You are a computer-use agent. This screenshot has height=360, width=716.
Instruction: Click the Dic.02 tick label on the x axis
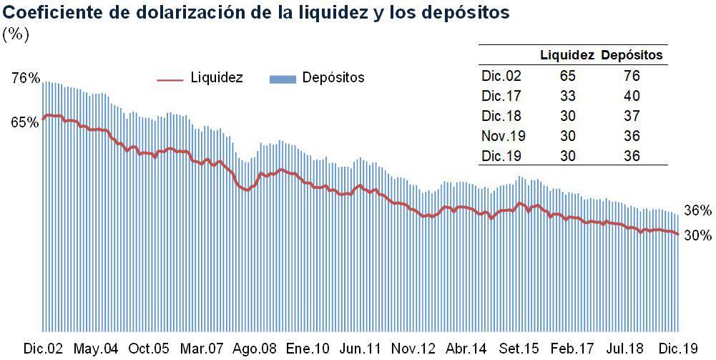coord(44,349)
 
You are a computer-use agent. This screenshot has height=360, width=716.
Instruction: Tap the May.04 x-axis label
coord(96,349)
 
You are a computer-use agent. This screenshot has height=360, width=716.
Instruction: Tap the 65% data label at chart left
coord(25,122)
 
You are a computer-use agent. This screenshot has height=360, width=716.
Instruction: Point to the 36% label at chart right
coord(697,210)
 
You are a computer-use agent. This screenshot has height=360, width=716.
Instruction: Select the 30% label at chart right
coord(697,235)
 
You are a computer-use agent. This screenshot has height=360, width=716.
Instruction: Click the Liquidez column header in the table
coord(567,55)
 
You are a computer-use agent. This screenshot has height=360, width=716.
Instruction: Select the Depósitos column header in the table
coord(632,55)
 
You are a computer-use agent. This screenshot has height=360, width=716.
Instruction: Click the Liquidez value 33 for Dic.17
coord(567,96)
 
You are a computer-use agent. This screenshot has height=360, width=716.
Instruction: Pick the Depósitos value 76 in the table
coord(632,75)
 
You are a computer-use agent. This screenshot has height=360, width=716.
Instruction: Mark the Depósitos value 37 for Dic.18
coord(632,116)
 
